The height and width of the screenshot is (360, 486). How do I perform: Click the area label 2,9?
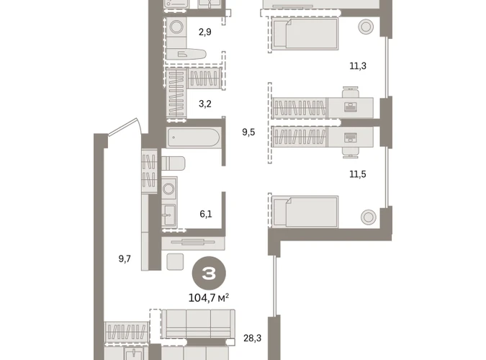tap(205, 32)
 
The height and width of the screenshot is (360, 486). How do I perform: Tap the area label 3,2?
tap(205, 104)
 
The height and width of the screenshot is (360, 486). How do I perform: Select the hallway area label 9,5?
tap(248, 132)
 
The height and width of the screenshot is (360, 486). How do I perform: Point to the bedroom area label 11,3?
tap(358, 66)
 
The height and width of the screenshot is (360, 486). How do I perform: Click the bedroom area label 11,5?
tap(358, 174)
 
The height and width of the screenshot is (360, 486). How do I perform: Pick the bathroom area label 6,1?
tap(206, 214)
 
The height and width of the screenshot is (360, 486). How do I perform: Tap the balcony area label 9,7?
tap(125, 258)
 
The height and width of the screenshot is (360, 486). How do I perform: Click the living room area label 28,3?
tap(252, 338)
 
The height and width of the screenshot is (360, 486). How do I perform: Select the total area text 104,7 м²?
tap(209, 298)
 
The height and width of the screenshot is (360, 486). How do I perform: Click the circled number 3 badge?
tap(209, 273)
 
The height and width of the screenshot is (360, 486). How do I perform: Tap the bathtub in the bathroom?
tap(194, 138)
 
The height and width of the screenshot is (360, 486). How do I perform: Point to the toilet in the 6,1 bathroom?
tap(174, 163)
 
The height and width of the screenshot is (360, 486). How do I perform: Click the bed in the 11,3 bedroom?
tap(305, 34)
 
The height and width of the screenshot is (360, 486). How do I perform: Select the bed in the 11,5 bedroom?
tap(305, 212)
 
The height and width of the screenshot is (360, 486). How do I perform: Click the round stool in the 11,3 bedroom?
tap(366, 27)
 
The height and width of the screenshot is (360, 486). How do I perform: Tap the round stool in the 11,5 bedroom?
tap(369, 217)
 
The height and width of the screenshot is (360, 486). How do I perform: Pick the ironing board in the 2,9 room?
tap(186, 54)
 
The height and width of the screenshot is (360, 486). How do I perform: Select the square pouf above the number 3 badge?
tap(175, 261)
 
